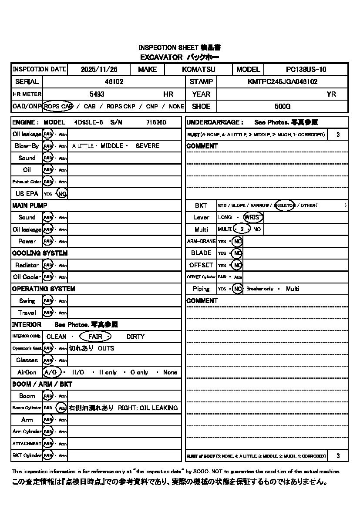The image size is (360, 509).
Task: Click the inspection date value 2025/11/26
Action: click(x=99, y=69)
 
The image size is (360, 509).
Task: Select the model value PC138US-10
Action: click(x=306, y=69)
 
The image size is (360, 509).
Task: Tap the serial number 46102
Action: click(x=114, y=81)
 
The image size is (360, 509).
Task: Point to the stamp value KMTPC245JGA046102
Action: click(x=283, y=81)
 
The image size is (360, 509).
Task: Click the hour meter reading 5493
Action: click(x=97, y=94)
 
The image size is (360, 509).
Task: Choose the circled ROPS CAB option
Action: click(x=58, y=106)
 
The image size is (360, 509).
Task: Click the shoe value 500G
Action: click(x=283, y=106)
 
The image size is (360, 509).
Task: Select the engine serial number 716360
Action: click(x=156, y=122)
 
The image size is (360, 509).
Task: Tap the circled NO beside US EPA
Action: click(x=62, y=194)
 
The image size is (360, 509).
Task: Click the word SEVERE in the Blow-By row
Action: click(x=148, y=146)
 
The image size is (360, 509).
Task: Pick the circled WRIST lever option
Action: click(x=253, y=217)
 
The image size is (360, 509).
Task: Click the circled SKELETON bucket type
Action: click(x=285, y=205)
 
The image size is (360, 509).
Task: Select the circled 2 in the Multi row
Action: click(x=242, y=229)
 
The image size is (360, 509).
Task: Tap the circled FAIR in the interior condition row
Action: click(x=95, y=337)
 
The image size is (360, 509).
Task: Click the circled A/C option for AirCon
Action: click(x=52, y=372)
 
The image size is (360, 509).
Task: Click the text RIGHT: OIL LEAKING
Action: click(x=148, y=408)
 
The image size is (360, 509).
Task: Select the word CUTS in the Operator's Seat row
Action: click(x=106, y=348)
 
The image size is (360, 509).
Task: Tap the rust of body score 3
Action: click(x=338, y=456)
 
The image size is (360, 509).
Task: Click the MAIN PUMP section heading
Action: click(x=30, y=205)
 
